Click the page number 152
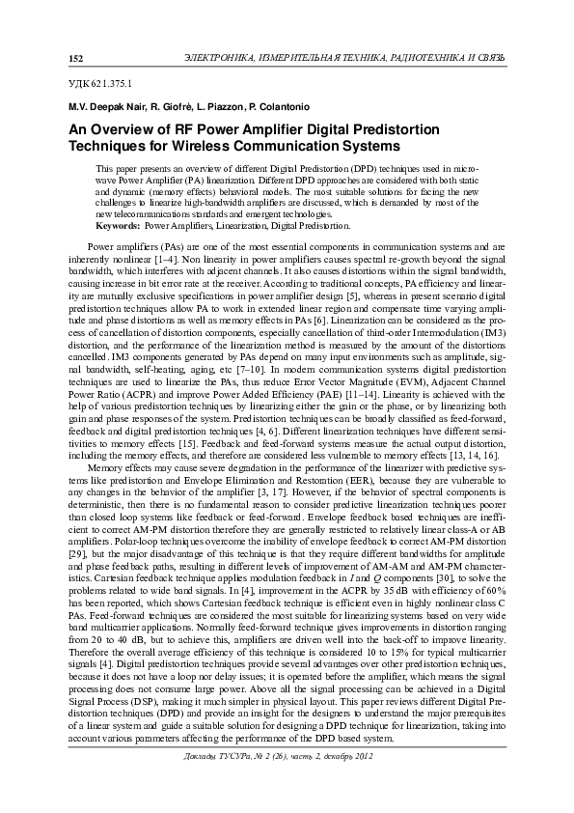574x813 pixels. tap(75, 59)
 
